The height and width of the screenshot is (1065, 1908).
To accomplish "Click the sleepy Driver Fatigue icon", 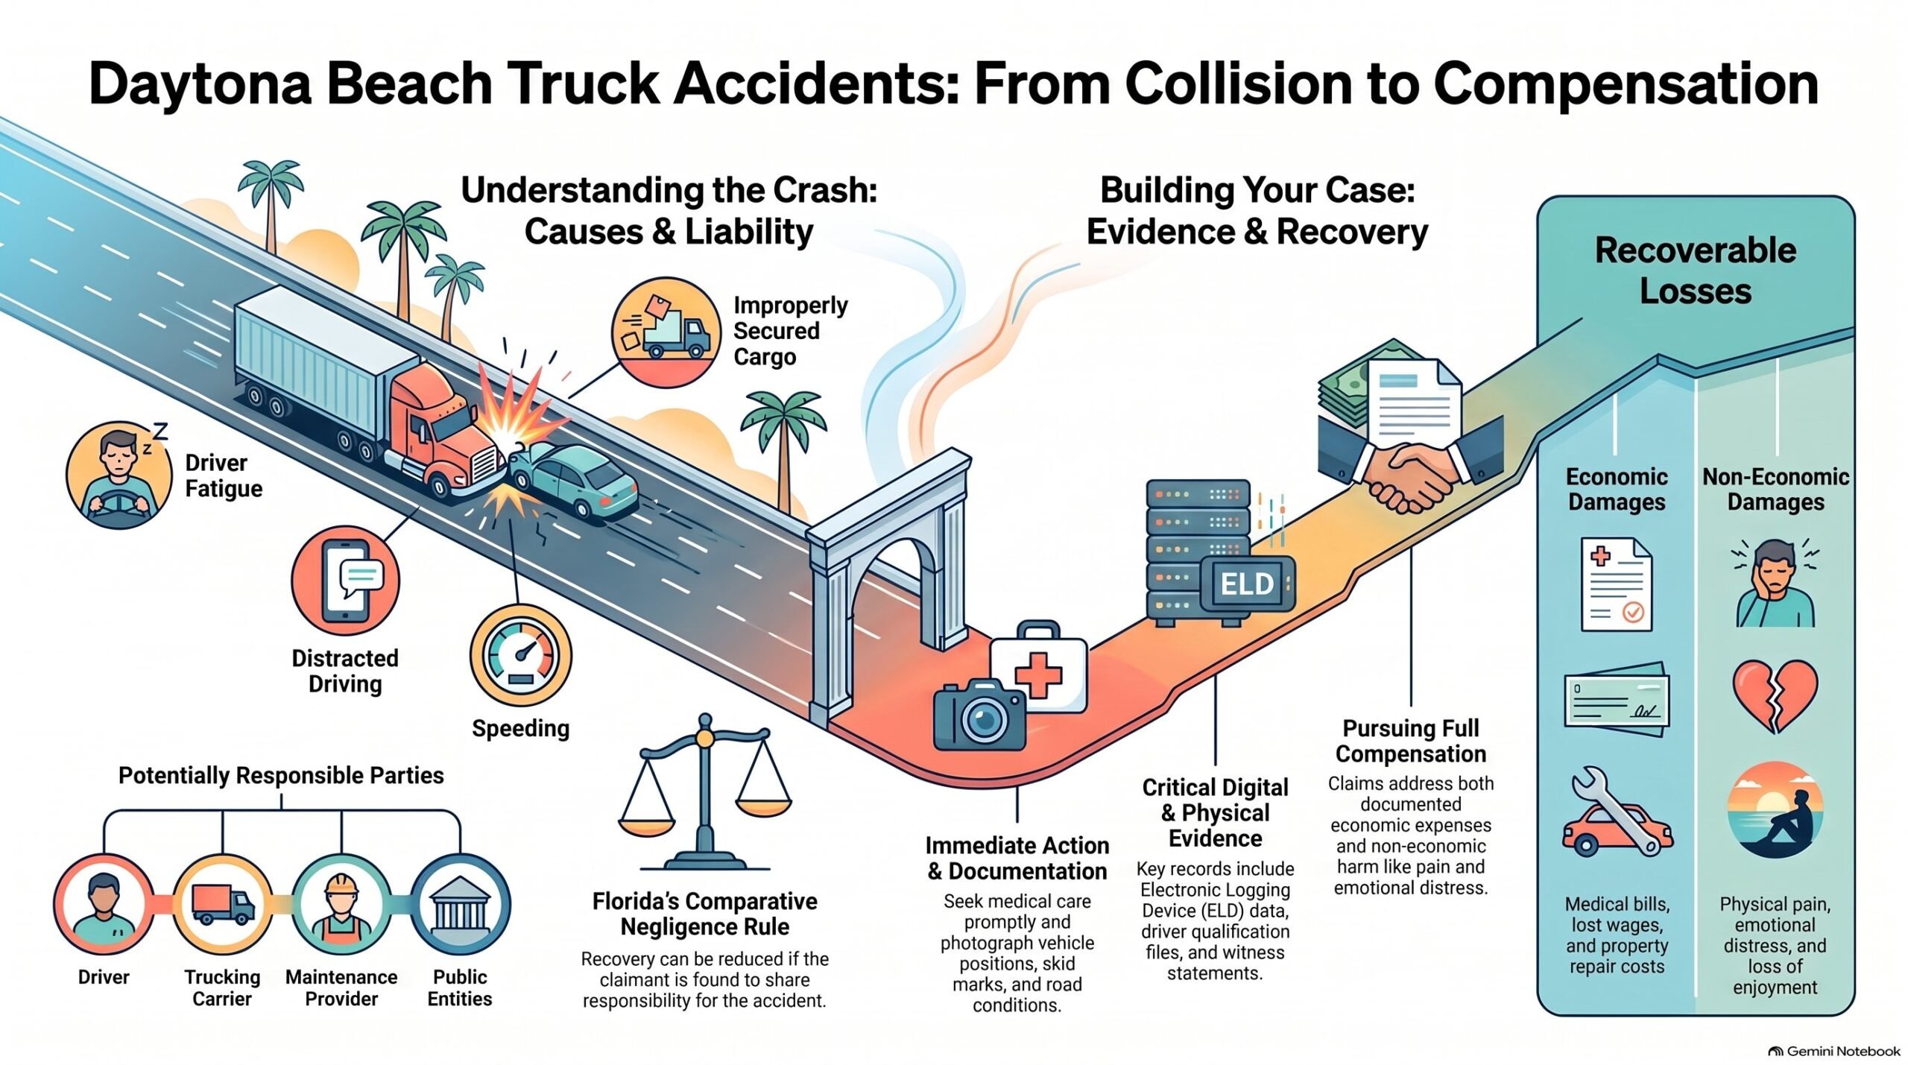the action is point(119,475).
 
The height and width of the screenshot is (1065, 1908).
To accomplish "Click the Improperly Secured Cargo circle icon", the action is point(666,332).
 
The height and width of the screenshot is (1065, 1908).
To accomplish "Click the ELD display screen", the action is point(1247,584).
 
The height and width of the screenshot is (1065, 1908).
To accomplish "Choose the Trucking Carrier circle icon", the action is point(223,905).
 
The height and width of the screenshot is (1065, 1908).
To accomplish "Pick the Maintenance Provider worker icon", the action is point(341,905).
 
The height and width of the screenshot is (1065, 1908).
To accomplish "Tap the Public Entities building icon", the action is point(460,905).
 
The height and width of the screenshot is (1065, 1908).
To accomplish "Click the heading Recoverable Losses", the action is point(1696,270).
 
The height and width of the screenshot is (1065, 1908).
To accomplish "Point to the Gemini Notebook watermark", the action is point(1835,1051).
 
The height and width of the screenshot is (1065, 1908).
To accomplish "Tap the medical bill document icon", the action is point(1616,584).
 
